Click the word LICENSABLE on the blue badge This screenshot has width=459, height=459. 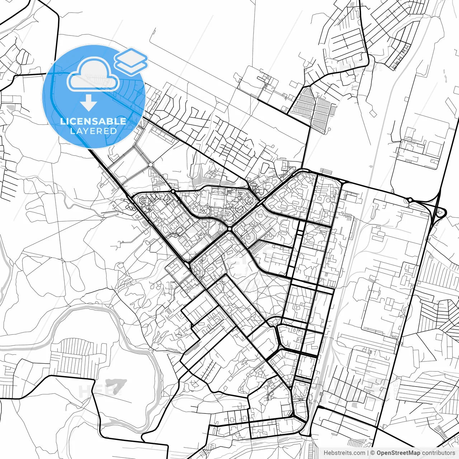(x=93, y=121)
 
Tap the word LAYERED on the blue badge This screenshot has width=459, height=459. (x=93, y=131)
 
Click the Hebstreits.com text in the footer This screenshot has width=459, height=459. (x=344, y=453)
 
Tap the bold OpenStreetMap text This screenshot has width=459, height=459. (x=398, y=453)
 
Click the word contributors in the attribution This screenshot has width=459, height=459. (x=439, y=453)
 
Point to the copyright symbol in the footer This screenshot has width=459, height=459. (x=373, y=453)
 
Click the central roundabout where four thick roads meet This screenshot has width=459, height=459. (x=229, y=229)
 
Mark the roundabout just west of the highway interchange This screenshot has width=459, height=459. (x=410, y=200)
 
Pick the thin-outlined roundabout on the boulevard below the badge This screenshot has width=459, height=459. (x=151, y=165)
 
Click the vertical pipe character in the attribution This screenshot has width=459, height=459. (x=368, y=453)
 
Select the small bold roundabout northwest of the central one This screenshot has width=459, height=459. (x=174, y=192)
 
